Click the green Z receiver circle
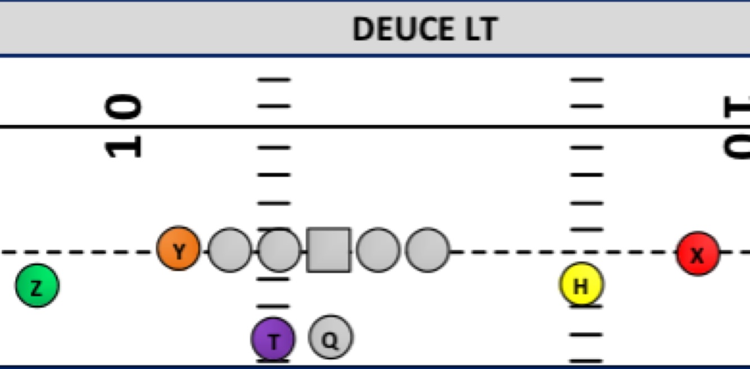click(x=37, y=286)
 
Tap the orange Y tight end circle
click(x=178, y=249)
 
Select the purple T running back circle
click(x=273, y=339)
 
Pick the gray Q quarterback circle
click(x=331, y=338)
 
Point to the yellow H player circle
click(x=581, y=285)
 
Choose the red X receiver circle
click(x=697, y=254)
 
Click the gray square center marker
click(x=329, y=250)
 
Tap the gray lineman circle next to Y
click(x=229, y=250)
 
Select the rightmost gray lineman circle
click(x=427, y=250)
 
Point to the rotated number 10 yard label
click(x=124, y=126)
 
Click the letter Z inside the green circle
click(x=37, y=288)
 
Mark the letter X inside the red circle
click(x=697, y=256)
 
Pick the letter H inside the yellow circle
click(x=581, y=286)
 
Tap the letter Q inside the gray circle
click(x=331, y=340)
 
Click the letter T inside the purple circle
click(x=274, y=341)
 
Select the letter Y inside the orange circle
click(x=179, y=252)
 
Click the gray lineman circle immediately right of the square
click(x=378, y=250)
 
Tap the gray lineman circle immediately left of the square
click(x=279, y=250)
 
